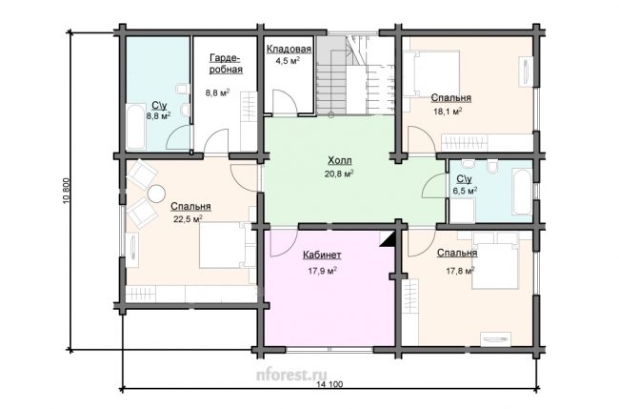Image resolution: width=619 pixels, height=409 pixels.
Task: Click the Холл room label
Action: pyautogui.click(x=340, y=161)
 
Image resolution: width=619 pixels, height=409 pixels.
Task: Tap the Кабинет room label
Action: pyautogui.click(x=322, y=256)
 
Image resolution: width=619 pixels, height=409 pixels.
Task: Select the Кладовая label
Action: pyautogui.click(x=289, y=49)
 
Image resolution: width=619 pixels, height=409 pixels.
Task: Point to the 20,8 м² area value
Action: pyautogui.click(x=340, y=174)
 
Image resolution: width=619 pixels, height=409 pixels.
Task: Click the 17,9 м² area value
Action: pyautogui.click(x=322, y=271)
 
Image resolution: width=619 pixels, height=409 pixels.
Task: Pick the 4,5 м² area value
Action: pyautogui.click(x=288, y=61)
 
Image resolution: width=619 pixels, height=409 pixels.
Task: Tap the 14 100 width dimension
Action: pyautogui.click(x=330, y=384)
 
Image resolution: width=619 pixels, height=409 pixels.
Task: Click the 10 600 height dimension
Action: pyautogui.click(x=66, y=192)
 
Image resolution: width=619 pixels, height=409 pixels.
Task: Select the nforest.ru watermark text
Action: pyautogui.click(x=291, y=375)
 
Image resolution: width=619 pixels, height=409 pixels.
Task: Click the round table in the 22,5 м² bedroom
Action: pyautogui.click(x=156, y=194)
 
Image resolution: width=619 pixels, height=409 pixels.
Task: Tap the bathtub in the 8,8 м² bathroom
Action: pyautogui.click(x=136, y=127)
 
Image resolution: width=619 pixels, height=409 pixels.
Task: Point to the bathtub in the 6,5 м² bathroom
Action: pyautogui.click(x=522, y=192)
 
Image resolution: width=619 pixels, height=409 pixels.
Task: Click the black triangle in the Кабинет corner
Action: pyautogui.click(x=388, y=240)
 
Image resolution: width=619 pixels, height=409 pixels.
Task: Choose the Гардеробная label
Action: pyautogui.click(x=226, y=64)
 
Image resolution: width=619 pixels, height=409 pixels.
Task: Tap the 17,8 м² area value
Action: pyautogui.click(x=460, y=271)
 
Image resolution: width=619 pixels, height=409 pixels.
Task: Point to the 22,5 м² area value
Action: pyautogui.click(x=188, y=219)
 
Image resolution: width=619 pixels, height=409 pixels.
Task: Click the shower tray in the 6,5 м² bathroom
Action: pyautogui.click(x=463, y=211)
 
